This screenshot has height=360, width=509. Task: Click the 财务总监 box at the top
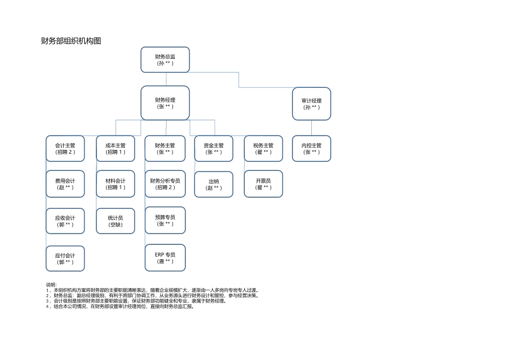[x=165, y=59]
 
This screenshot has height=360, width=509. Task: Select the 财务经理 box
[x=165, y=103]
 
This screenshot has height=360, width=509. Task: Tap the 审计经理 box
[x=311, y=103]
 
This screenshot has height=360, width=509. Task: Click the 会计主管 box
[x=65, y=148]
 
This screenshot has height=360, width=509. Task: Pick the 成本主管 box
[x=115, y=148]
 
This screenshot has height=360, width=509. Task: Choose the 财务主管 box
[x=165, y=148]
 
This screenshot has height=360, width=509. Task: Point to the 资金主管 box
[x=214, y=148]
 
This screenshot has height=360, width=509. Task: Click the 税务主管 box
[x=263, y=148]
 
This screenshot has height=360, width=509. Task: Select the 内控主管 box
[x=311, y=148]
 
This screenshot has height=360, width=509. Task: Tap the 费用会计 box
[x=65, y=184]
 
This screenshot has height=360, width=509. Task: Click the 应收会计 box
[x=65, y=221]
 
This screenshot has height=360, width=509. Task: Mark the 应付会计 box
[x=65, y=259]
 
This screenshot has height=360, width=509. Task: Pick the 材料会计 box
[x=115, y=184]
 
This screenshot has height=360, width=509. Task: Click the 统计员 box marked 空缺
[x=115, y=221]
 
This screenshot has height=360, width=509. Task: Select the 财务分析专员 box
[x=165, y=184]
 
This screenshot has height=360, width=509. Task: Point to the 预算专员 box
[x=165, y=220]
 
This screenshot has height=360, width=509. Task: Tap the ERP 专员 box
[x=165, y=258]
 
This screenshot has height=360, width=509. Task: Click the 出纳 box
[x=214, y=185]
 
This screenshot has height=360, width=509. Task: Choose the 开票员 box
[x=263, y=184]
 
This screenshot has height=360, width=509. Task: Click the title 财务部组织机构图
[x=71, y=41]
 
